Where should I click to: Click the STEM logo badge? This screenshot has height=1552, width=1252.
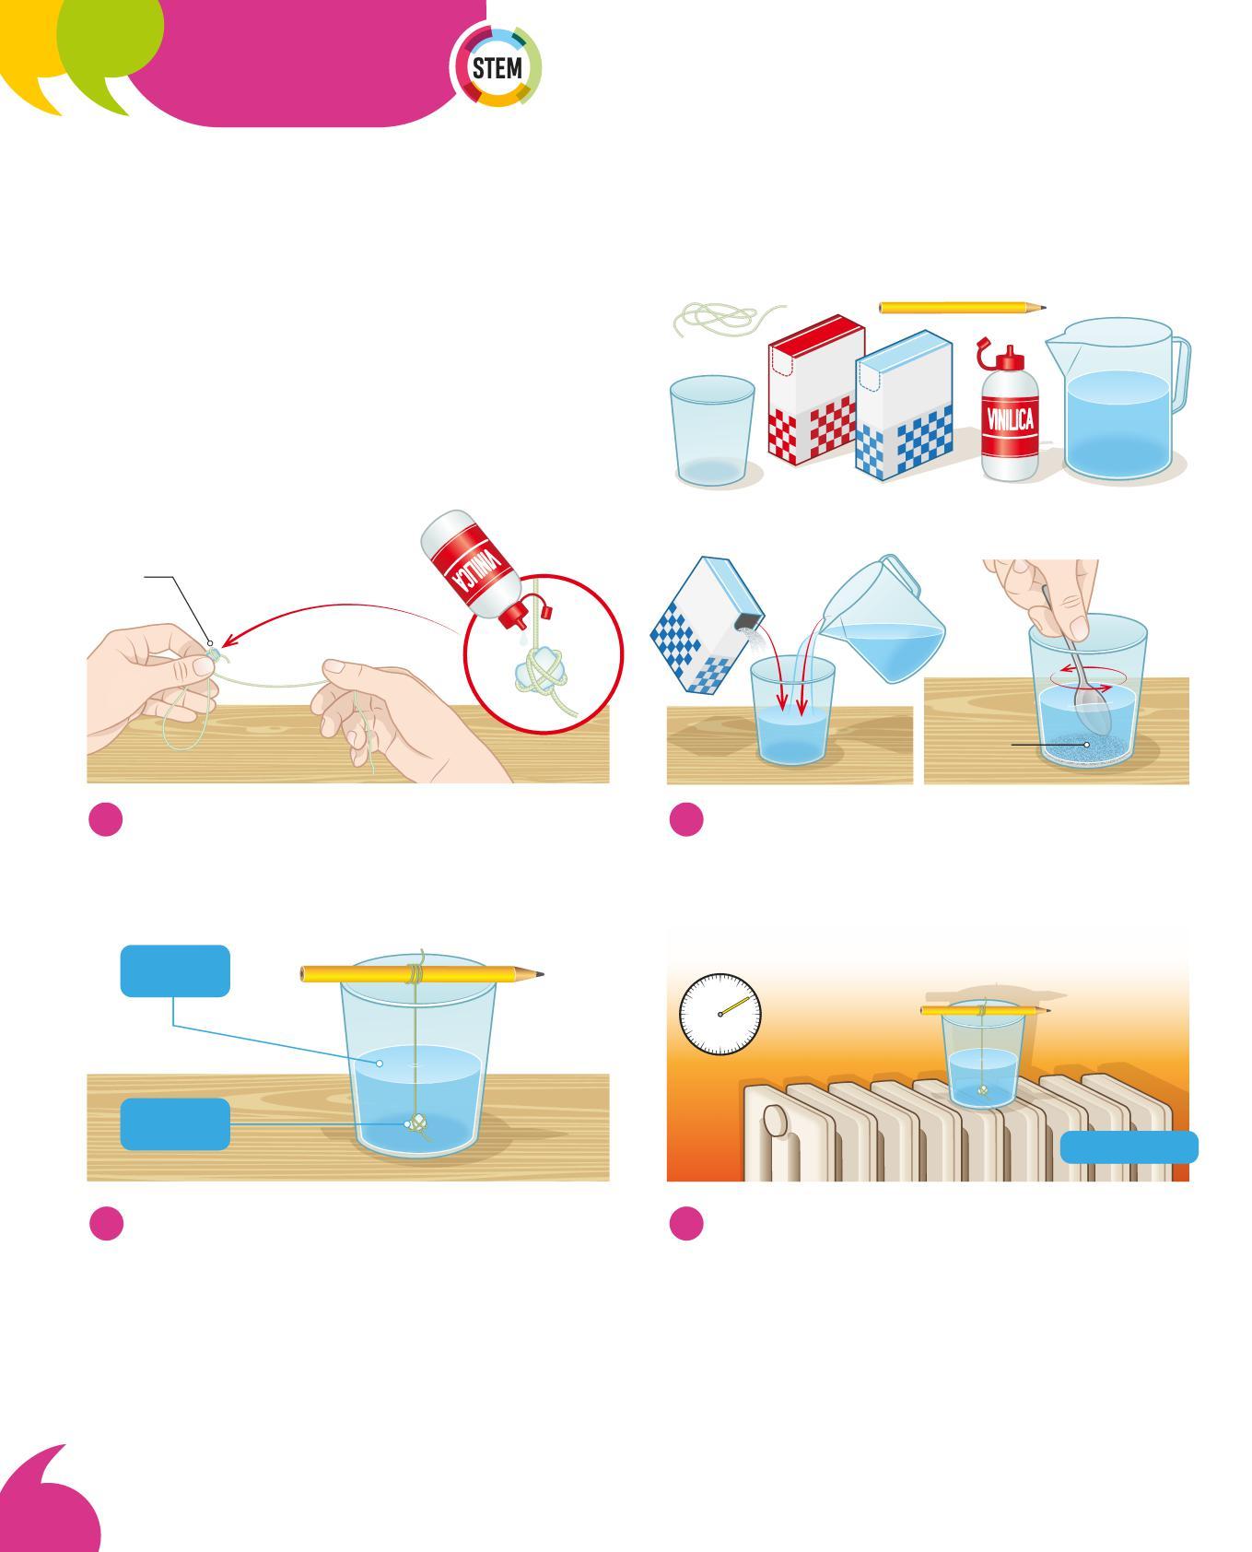point(497,67)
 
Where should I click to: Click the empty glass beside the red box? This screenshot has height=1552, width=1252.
point(711,430)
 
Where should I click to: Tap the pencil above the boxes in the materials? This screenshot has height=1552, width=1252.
point(963,307)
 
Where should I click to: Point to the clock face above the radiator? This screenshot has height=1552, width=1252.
point(720,1014)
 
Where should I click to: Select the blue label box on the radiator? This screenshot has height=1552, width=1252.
point(1129,1147)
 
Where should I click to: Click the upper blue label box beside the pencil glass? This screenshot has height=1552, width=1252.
point(175,970)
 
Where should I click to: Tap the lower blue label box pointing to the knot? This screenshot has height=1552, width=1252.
point(175,1123)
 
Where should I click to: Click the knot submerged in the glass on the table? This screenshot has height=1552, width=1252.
point(417,1125)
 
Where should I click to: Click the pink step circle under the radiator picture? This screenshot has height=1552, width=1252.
point(686,1223)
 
